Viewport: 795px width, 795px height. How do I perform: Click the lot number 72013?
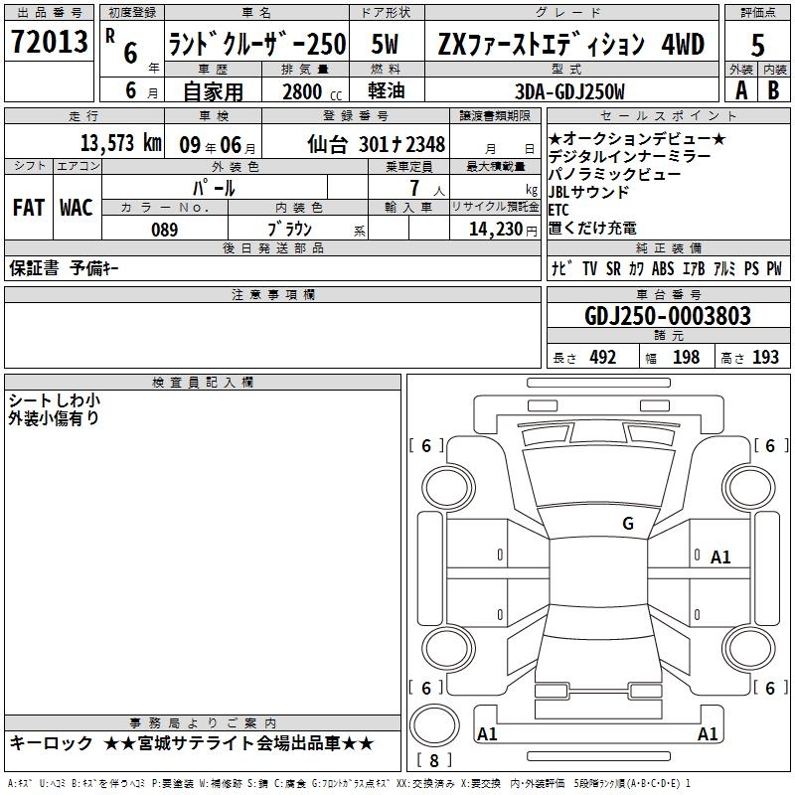[x=49, y=41]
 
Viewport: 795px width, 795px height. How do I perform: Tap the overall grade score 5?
[x=757, y=45]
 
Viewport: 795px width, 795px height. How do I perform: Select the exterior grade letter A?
[x=741, y=90]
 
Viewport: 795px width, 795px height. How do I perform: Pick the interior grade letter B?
[x=773, y=90]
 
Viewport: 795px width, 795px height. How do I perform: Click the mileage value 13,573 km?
[x=121, y=143]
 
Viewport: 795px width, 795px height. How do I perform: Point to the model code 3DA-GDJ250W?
[x=569, y=91]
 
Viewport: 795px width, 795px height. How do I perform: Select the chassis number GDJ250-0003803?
[x=668, y=316]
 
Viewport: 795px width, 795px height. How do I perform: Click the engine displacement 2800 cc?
[x=312, y=91]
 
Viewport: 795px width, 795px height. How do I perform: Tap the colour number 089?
[x=164, y=230]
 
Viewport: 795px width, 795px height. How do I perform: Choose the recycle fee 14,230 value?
[x=496, y=229]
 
